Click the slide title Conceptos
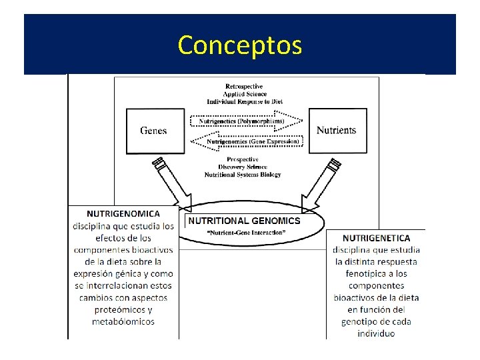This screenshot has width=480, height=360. tap(240, 45)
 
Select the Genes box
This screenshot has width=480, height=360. tap(155, 131)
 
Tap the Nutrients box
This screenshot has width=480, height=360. tap(336, 131)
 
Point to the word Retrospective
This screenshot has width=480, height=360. tap(244, 87)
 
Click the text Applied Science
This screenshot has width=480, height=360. tap(244, 94)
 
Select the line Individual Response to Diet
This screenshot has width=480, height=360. tap(244, 101)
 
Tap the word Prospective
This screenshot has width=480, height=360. tap(243, 159)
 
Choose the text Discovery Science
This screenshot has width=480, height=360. tap(243, 167)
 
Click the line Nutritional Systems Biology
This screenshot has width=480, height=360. tap(243, 175)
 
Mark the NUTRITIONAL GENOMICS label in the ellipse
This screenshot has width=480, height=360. tap(244, 221)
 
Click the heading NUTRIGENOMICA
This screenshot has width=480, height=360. tap(123, 214)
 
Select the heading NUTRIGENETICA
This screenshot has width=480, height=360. tap(376, 238)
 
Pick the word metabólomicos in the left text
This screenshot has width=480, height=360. tap(123, 321)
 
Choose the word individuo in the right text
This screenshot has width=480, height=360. tap(376, 333)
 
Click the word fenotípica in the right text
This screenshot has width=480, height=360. tap(376, 273)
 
